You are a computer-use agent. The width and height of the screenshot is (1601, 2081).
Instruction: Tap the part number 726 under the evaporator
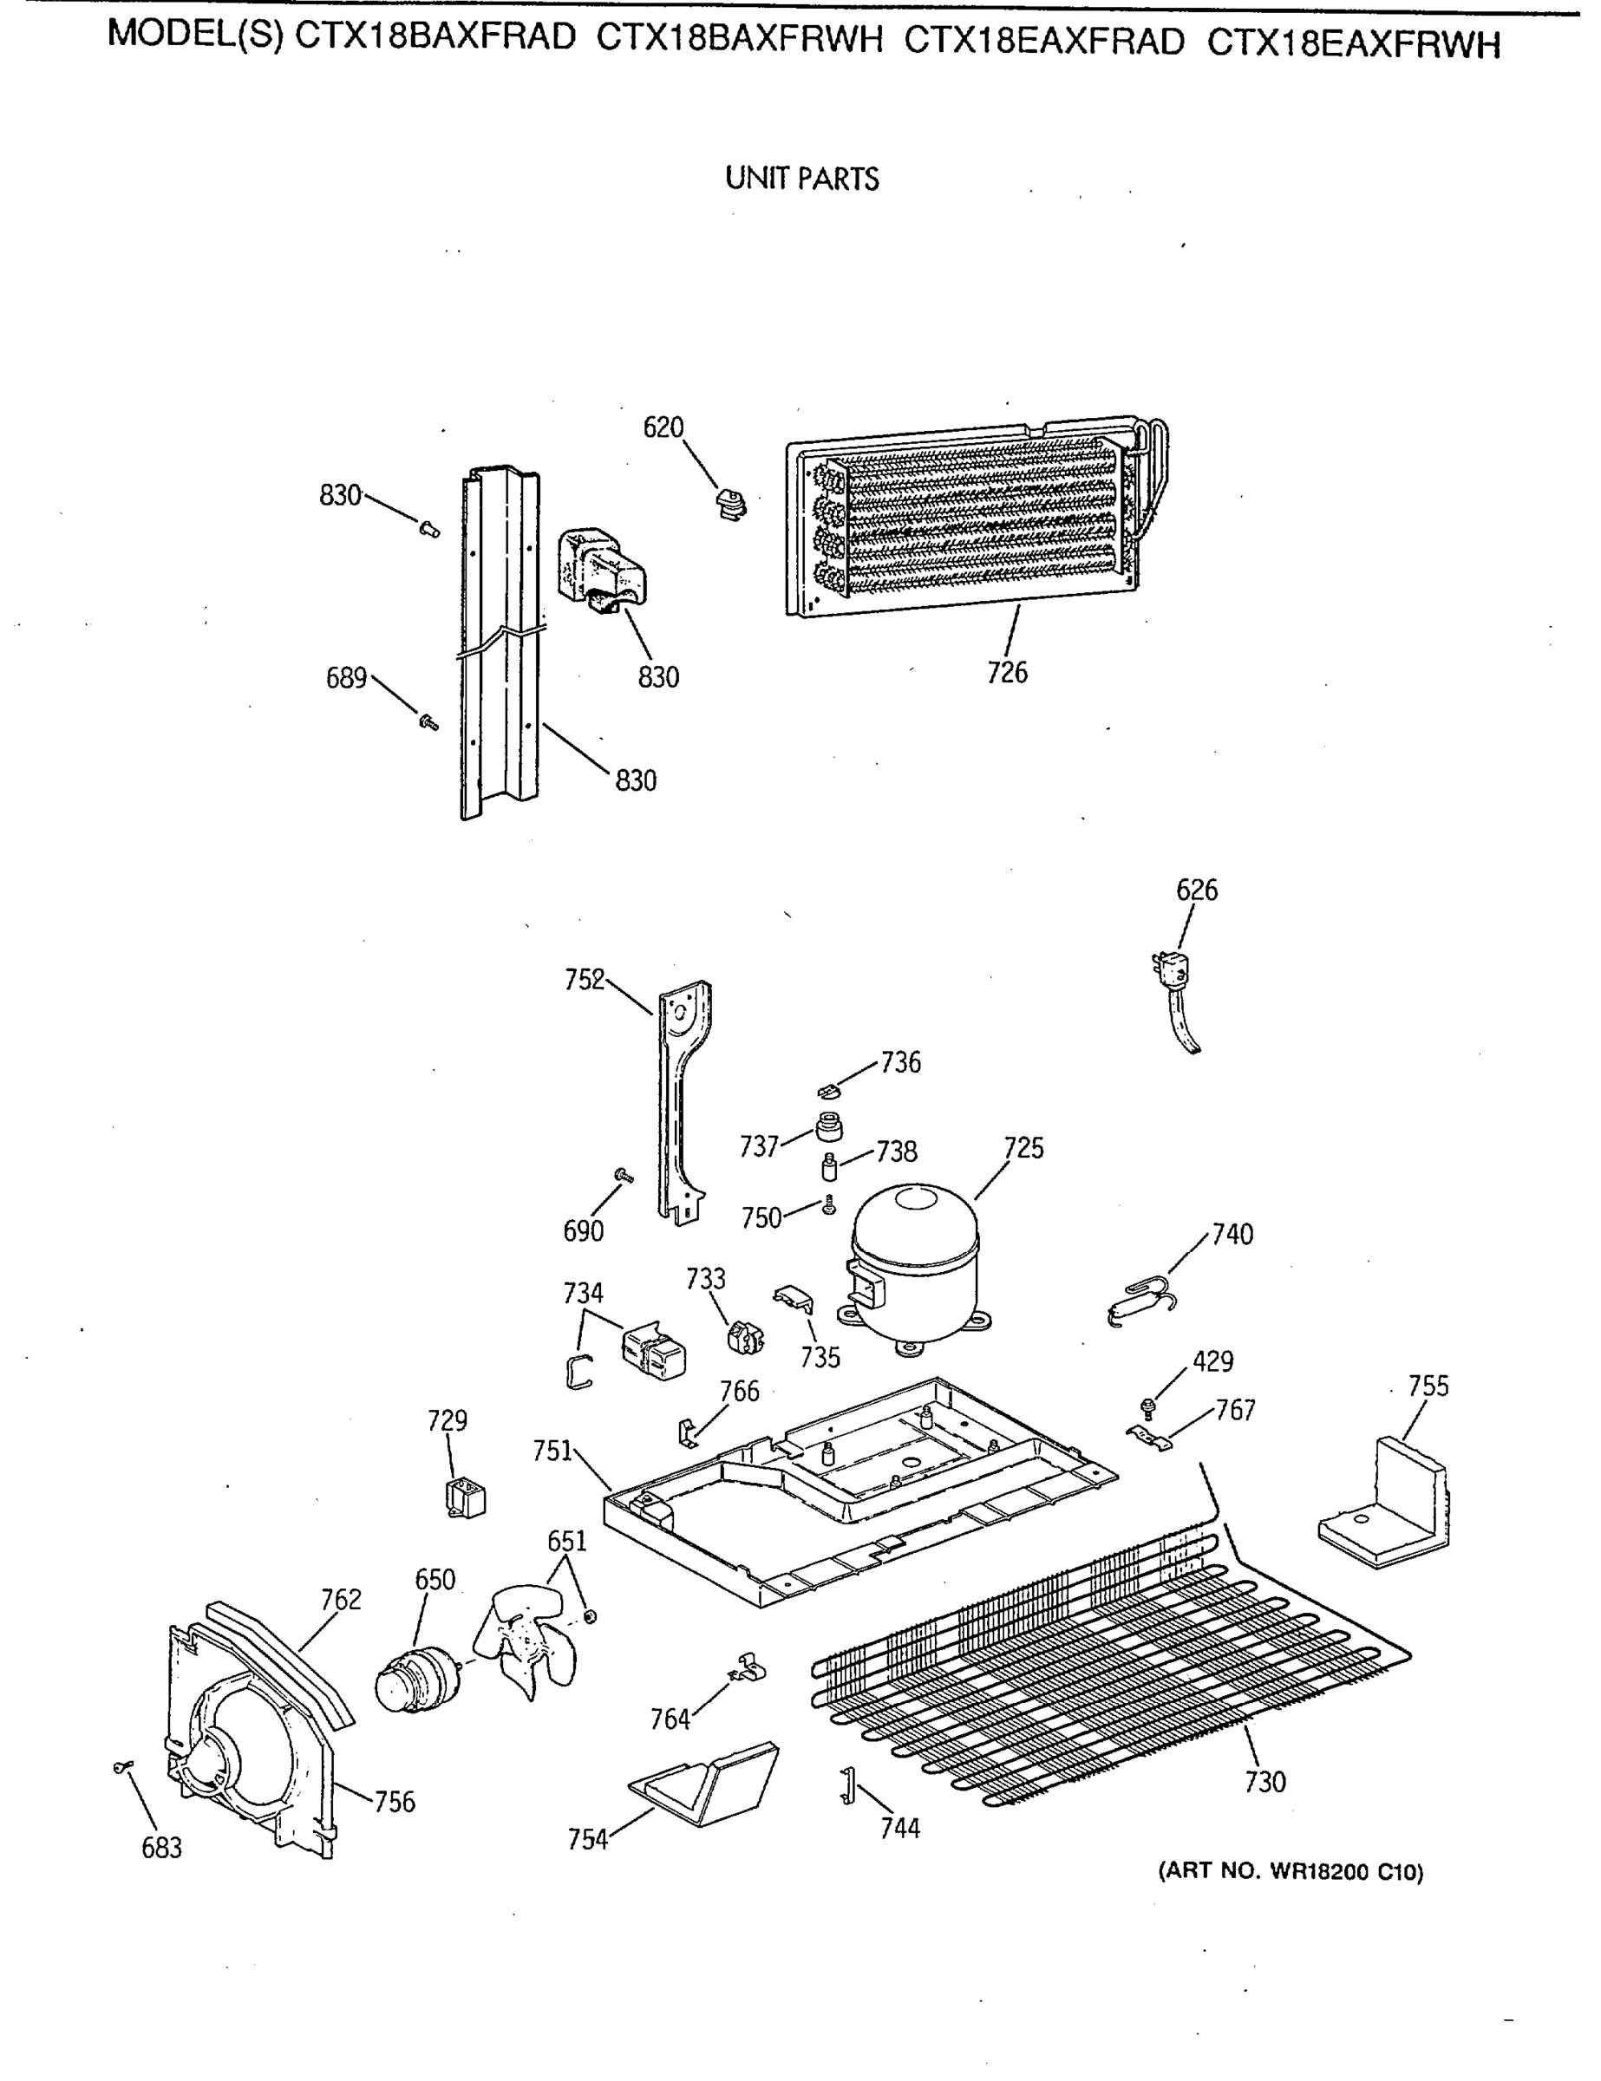click(x=1007, y=673)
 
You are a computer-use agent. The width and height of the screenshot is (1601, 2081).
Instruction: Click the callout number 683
click(x=161, y=1848)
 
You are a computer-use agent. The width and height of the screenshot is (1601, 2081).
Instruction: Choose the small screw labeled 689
click(x=428, y=723)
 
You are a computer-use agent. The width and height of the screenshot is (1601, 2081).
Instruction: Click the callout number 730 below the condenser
click(x=1264, y=1781)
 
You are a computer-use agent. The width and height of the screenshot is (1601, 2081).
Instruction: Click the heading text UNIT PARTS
click(x=801, y=178)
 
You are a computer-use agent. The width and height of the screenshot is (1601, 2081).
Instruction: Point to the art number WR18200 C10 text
click(x=1291, y=1871)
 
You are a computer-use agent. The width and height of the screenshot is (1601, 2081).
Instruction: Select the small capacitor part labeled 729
click(x=465, y=1497)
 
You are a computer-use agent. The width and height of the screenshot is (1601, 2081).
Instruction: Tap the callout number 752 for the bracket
click(x=585, y=980)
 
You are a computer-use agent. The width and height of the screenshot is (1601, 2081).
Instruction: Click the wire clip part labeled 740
click(x=1140, y=1299)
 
